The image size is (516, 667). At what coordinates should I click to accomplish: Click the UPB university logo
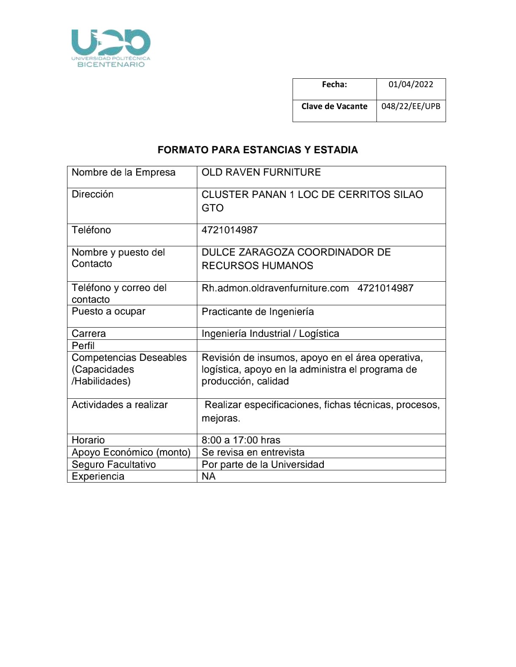click(x=111, y=48)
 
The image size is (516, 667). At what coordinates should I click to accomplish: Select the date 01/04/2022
click(x=411, y=85)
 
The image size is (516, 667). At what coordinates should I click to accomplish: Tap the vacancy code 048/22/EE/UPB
click(x=411, y=106)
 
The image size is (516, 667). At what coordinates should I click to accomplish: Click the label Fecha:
click(x=334, y=85)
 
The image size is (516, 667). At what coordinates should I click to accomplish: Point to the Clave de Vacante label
click(x=334, y=106)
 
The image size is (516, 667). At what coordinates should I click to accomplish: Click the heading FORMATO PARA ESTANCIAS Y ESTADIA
click(x=258, y=150)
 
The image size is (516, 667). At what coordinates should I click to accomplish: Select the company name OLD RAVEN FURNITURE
click(x=261, y=172)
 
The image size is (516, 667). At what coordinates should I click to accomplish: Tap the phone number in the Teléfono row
click(x=229, y=230)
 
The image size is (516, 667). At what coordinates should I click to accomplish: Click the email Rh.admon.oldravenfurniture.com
click(x=275, y=288)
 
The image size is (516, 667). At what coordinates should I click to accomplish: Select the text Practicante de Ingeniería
click(x=258, y=312)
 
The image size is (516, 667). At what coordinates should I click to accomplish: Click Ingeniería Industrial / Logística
click(x=270, y=333)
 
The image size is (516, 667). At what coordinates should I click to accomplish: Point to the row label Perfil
click(x=83, y=346)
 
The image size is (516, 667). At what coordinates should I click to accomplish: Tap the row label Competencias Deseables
click(x=129, y=358)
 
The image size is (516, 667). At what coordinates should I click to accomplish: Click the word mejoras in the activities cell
click(x=220, y=419)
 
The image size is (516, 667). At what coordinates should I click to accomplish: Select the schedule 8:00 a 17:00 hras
click(x=241, y=440)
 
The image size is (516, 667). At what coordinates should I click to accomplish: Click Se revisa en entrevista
click(x=253, y=452)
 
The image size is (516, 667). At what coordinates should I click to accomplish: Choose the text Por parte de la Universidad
click(x=263, y=464)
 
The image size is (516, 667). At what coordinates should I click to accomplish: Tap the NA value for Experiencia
click(x=209, y=476)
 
